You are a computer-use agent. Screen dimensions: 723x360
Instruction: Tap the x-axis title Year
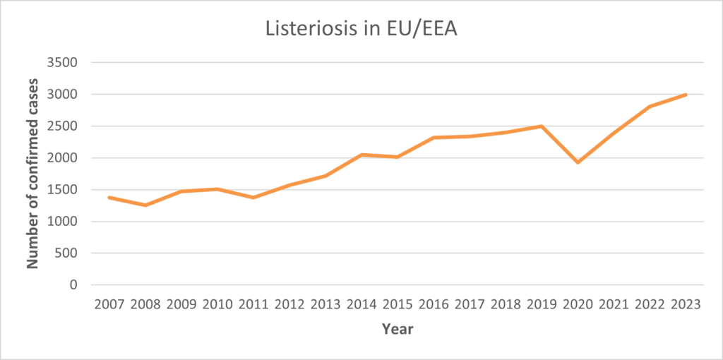point(397,329)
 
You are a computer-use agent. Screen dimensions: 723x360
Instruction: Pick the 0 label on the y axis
point(73,285)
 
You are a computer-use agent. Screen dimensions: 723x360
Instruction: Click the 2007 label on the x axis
point(109,305)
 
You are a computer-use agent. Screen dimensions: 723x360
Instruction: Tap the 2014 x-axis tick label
point(361,305)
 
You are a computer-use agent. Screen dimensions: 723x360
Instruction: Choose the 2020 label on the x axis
point(578,305)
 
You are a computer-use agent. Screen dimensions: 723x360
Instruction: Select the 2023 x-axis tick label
point(686,305)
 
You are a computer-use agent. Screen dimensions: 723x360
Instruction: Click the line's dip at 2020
point(578,162)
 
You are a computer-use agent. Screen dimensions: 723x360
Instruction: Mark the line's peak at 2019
point(542,126)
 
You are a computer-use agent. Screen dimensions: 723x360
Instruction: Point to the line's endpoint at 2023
point(686,95)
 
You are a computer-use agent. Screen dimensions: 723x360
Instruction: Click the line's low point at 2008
point(145,205)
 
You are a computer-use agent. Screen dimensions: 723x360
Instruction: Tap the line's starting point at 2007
point(109,197)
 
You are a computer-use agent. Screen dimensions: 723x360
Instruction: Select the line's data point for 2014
point(361,155)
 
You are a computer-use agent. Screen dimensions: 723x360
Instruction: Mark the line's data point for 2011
point(253,197)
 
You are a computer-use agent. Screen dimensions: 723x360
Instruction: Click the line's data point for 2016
point(434,138)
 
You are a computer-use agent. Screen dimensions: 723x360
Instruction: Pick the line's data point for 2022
point(650,107)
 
